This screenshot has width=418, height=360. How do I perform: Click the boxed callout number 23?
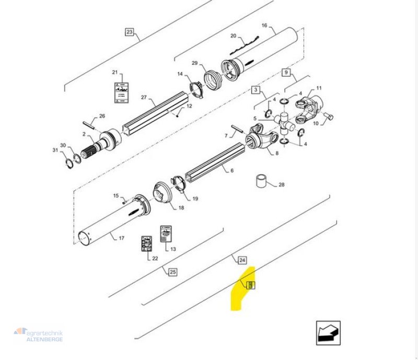130,32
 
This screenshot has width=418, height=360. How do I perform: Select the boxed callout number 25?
172,271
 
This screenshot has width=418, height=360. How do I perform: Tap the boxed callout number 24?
242,260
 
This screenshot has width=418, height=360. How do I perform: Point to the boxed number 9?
286,72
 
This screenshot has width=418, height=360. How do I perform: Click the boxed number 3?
256,90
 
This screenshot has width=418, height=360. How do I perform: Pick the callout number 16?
264,25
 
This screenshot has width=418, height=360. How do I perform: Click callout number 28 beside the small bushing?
282,185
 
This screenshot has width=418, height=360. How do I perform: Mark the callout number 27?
144,98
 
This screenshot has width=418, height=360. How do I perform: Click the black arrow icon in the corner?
328,332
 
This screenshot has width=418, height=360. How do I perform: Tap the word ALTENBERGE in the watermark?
45,339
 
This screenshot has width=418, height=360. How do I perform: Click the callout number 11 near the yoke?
319,88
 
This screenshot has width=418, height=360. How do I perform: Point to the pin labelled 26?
88,124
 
